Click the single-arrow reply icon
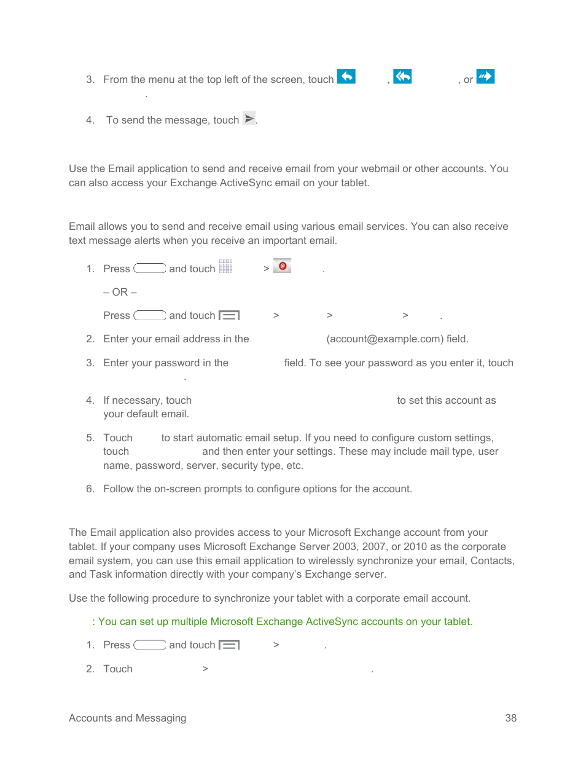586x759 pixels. click(x=346, y=76)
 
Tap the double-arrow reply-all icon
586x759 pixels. click(x=402, y=76)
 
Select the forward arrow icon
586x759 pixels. click(x=485, y=76)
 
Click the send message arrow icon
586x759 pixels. click(x=249, y=118)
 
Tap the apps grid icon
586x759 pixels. click(x=225, y=266)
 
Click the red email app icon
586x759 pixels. click(x=282, y=265)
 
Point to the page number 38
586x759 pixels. click(x=510, y=718)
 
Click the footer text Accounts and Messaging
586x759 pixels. click(x=127, y=718)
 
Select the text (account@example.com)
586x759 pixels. click(x=385, y=339)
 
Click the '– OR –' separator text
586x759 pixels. click(x=120, y=292)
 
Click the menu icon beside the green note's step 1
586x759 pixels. click(x=229, y=645)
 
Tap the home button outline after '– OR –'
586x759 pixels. click(x=150, y=315)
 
